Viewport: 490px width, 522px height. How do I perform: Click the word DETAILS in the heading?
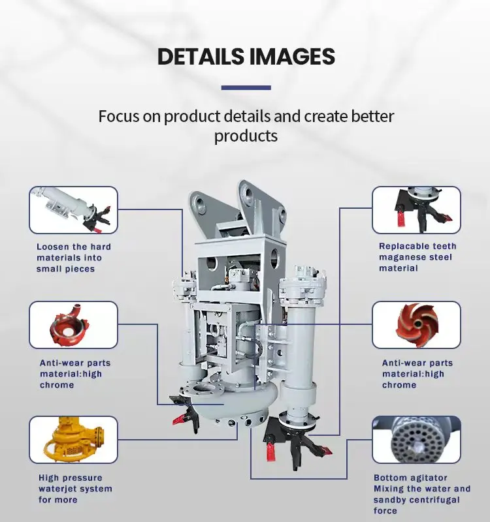[x=201, y=56]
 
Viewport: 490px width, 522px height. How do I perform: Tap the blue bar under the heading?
[x=246, y=87]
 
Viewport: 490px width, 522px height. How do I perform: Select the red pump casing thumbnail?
[x=73, y=325]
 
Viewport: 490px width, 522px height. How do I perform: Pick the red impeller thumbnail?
[x=416, y=325]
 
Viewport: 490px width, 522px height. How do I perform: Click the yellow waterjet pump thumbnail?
[x=73, y=439]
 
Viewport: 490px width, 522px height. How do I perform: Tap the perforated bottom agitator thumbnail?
[x=416, y=439]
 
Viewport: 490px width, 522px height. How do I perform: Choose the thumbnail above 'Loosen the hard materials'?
[x=73, y=209]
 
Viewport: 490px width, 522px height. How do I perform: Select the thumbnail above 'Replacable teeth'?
[x=416, y=209]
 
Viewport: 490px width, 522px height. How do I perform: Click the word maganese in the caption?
[x=397, y=257]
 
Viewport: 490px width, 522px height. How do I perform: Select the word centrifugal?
[x=438, y=500]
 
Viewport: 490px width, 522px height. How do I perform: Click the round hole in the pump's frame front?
[x=211, y=264]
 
